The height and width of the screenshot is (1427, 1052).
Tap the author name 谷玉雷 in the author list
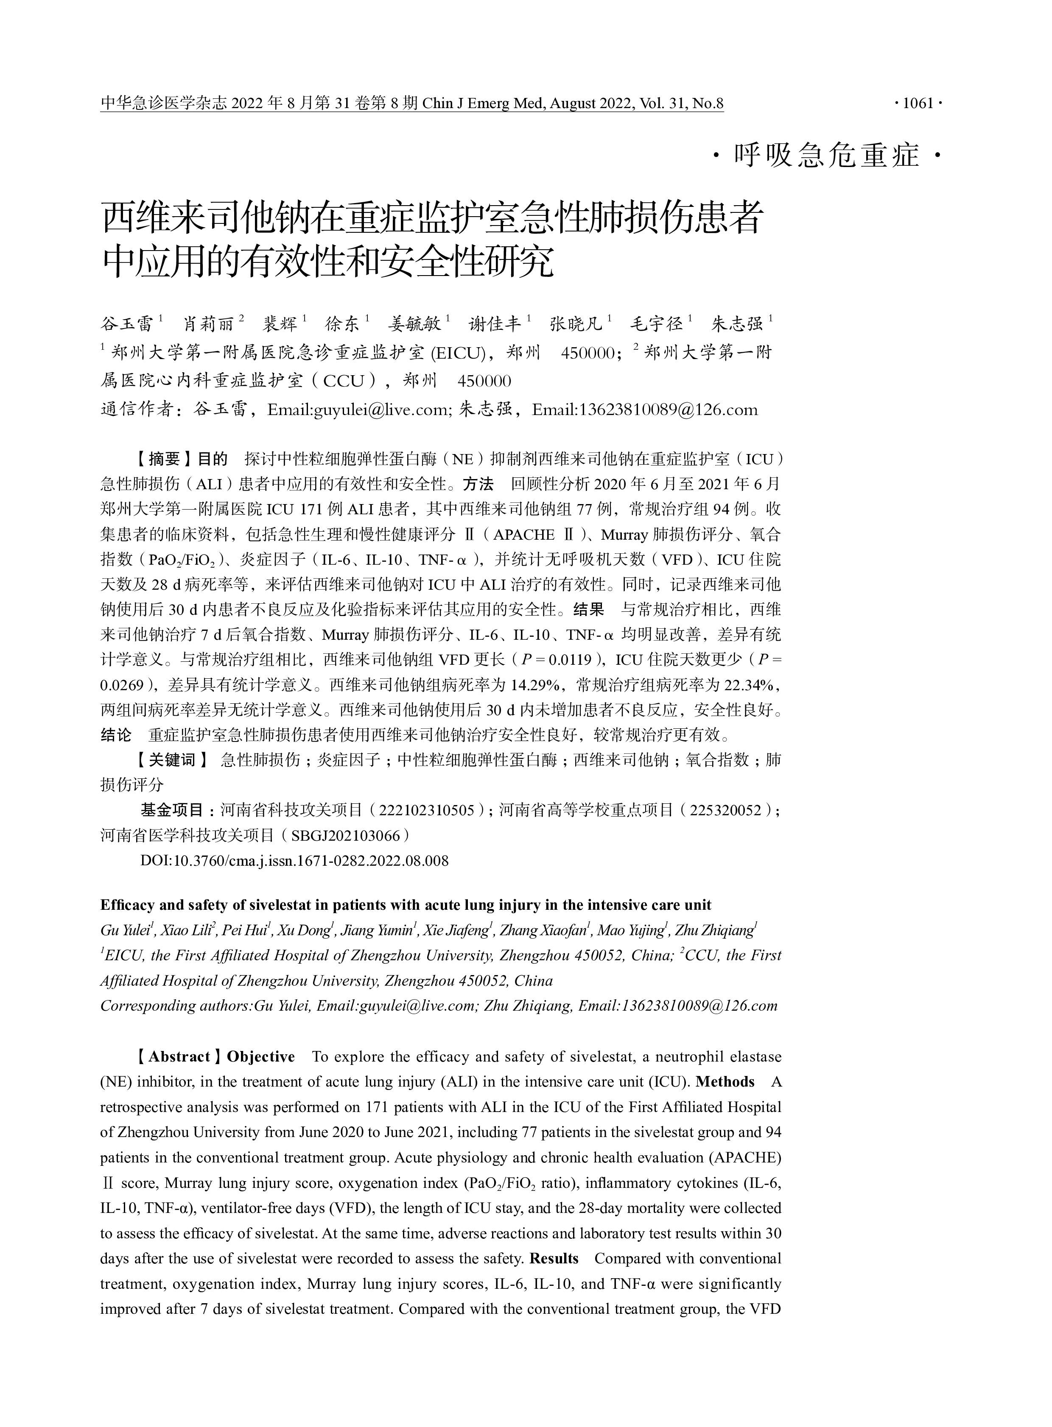click(127, 324)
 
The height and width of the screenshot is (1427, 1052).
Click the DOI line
click(294, 861)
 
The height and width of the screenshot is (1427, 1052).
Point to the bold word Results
click(554, 1258)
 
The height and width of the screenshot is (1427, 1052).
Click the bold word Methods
click(725, 1082)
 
